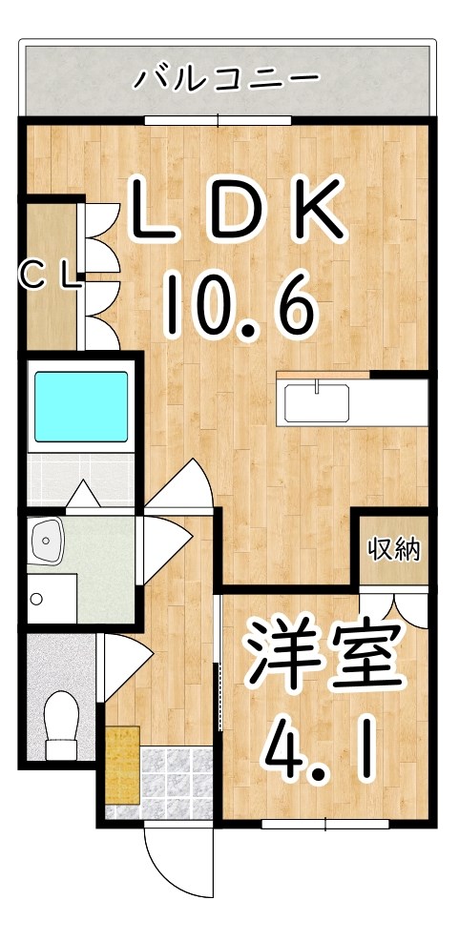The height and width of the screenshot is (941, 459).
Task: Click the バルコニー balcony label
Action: (x=226, y=76)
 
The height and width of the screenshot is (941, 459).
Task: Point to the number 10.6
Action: (x=239, y=303)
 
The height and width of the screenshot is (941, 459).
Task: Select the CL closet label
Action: (x=49, y=276)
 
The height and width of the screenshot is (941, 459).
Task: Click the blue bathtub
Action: (x=81, y=406)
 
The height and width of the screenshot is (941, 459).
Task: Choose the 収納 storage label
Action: (x=394, y=549)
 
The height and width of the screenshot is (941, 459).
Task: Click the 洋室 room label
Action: (x=322, y=658)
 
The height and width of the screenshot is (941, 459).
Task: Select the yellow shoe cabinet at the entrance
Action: (x=122, y=763)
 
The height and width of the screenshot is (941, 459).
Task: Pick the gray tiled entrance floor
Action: (x=177, y=782)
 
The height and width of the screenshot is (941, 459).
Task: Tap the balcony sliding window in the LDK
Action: (x=219, y=120)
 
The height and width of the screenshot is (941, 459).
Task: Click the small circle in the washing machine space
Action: (x=36, y=600)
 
